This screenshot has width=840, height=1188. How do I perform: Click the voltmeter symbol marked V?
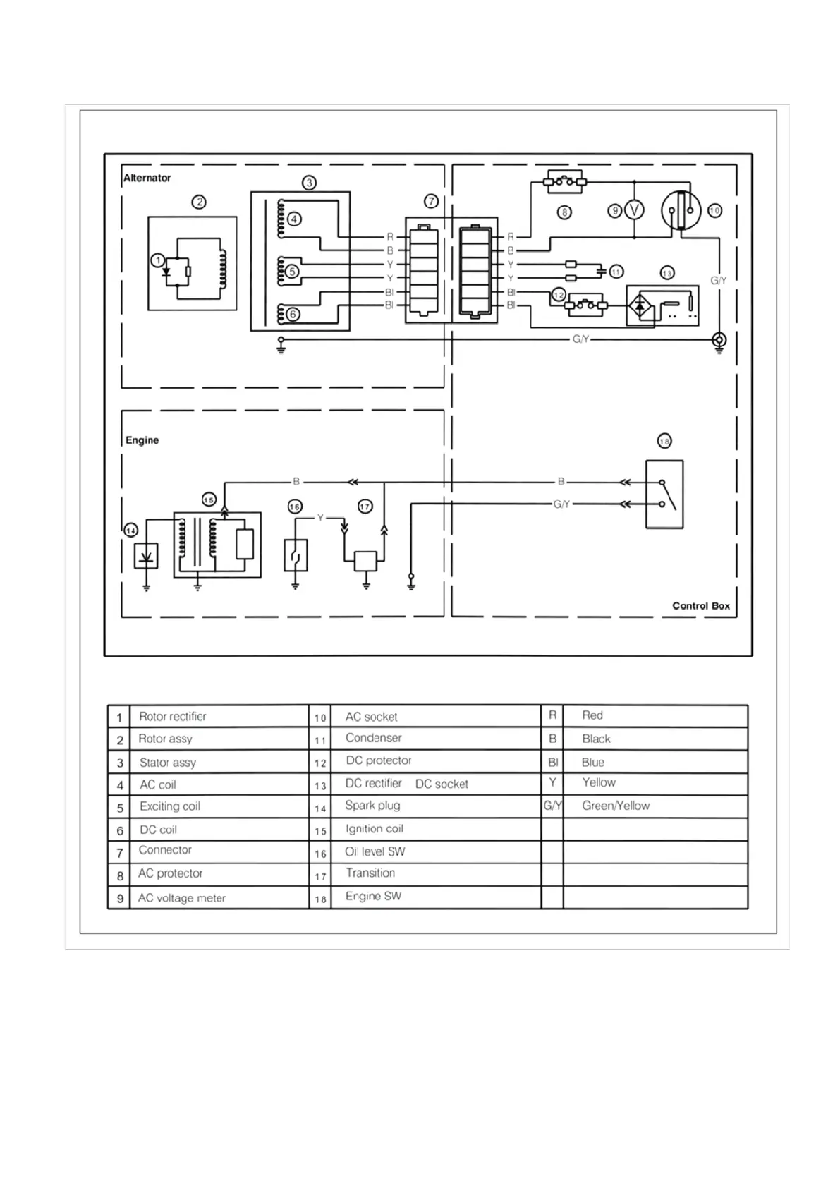tap(635, 210)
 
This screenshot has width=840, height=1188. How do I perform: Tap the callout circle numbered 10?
tap(714, 210)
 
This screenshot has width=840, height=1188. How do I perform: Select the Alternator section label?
tap(147, 178)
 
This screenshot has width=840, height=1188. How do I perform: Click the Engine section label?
tap(142, 440)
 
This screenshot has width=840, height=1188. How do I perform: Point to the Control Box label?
tap(700, 605)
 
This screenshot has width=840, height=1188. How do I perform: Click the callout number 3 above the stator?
tap(309, 183)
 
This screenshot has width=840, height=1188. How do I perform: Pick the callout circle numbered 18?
tap(664, 441)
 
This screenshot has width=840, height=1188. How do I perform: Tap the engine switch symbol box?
tap(664, 494)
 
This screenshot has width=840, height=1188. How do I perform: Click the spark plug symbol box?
tap(146, 556)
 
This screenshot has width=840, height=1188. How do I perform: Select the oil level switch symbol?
tap(296, 554)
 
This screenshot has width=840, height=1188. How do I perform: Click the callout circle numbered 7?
tap(431, 201)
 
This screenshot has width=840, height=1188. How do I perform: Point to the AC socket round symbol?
tap(681, 210)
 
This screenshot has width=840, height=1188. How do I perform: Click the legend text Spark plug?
tap(372, 806)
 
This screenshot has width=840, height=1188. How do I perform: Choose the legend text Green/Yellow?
tap(615, 806)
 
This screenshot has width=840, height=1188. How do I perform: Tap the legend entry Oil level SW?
tap(375, 851)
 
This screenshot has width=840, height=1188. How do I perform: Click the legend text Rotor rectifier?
tap(172, 717)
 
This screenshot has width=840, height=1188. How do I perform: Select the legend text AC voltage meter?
tap(181, 898)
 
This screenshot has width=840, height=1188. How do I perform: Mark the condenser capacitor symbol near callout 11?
tap(601, 271)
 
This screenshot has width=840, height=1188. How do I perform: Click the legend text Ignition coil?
tap(374, 829)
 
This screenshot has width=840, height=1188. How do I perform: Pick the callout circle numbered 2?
tap(200, 202)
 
